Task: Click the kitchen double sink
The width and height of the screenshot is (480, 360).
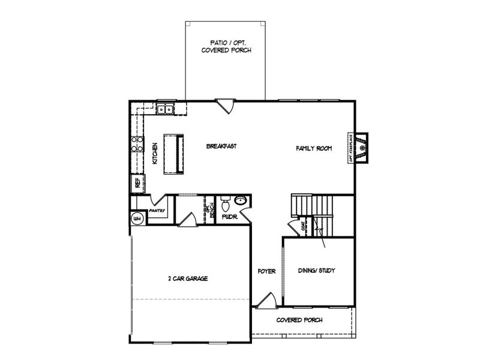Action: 165,109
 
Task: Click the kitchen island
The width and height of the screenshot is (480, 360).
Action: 175,154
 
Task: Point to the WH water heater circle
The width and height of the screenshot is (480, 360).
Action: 137,218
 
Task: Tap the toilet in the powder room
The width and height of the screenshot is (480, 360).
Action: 225,202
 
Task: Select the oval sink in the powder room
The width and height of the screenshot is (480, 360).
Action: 240,201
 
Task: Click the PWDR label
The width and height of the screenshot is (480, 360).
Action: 230,217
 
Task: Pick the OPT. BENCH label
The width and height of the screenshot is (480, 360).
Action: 209,209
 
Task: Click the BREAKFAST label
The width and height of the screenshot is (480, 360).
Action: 221,146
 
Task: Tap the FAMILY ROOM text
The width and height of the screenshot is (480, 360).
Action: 313,148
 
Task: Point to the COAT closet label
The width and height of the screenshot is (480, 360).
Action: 304,226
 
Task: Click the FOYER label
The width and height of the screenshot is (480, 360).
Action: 266,271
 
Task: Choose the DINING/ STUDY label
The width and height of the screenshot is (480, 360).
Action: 316,271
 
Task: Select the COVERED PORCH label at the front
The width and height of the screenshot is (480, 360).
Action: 299,320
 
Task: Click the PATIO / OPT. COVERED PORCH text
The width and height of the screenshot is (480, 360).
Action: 226,47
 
